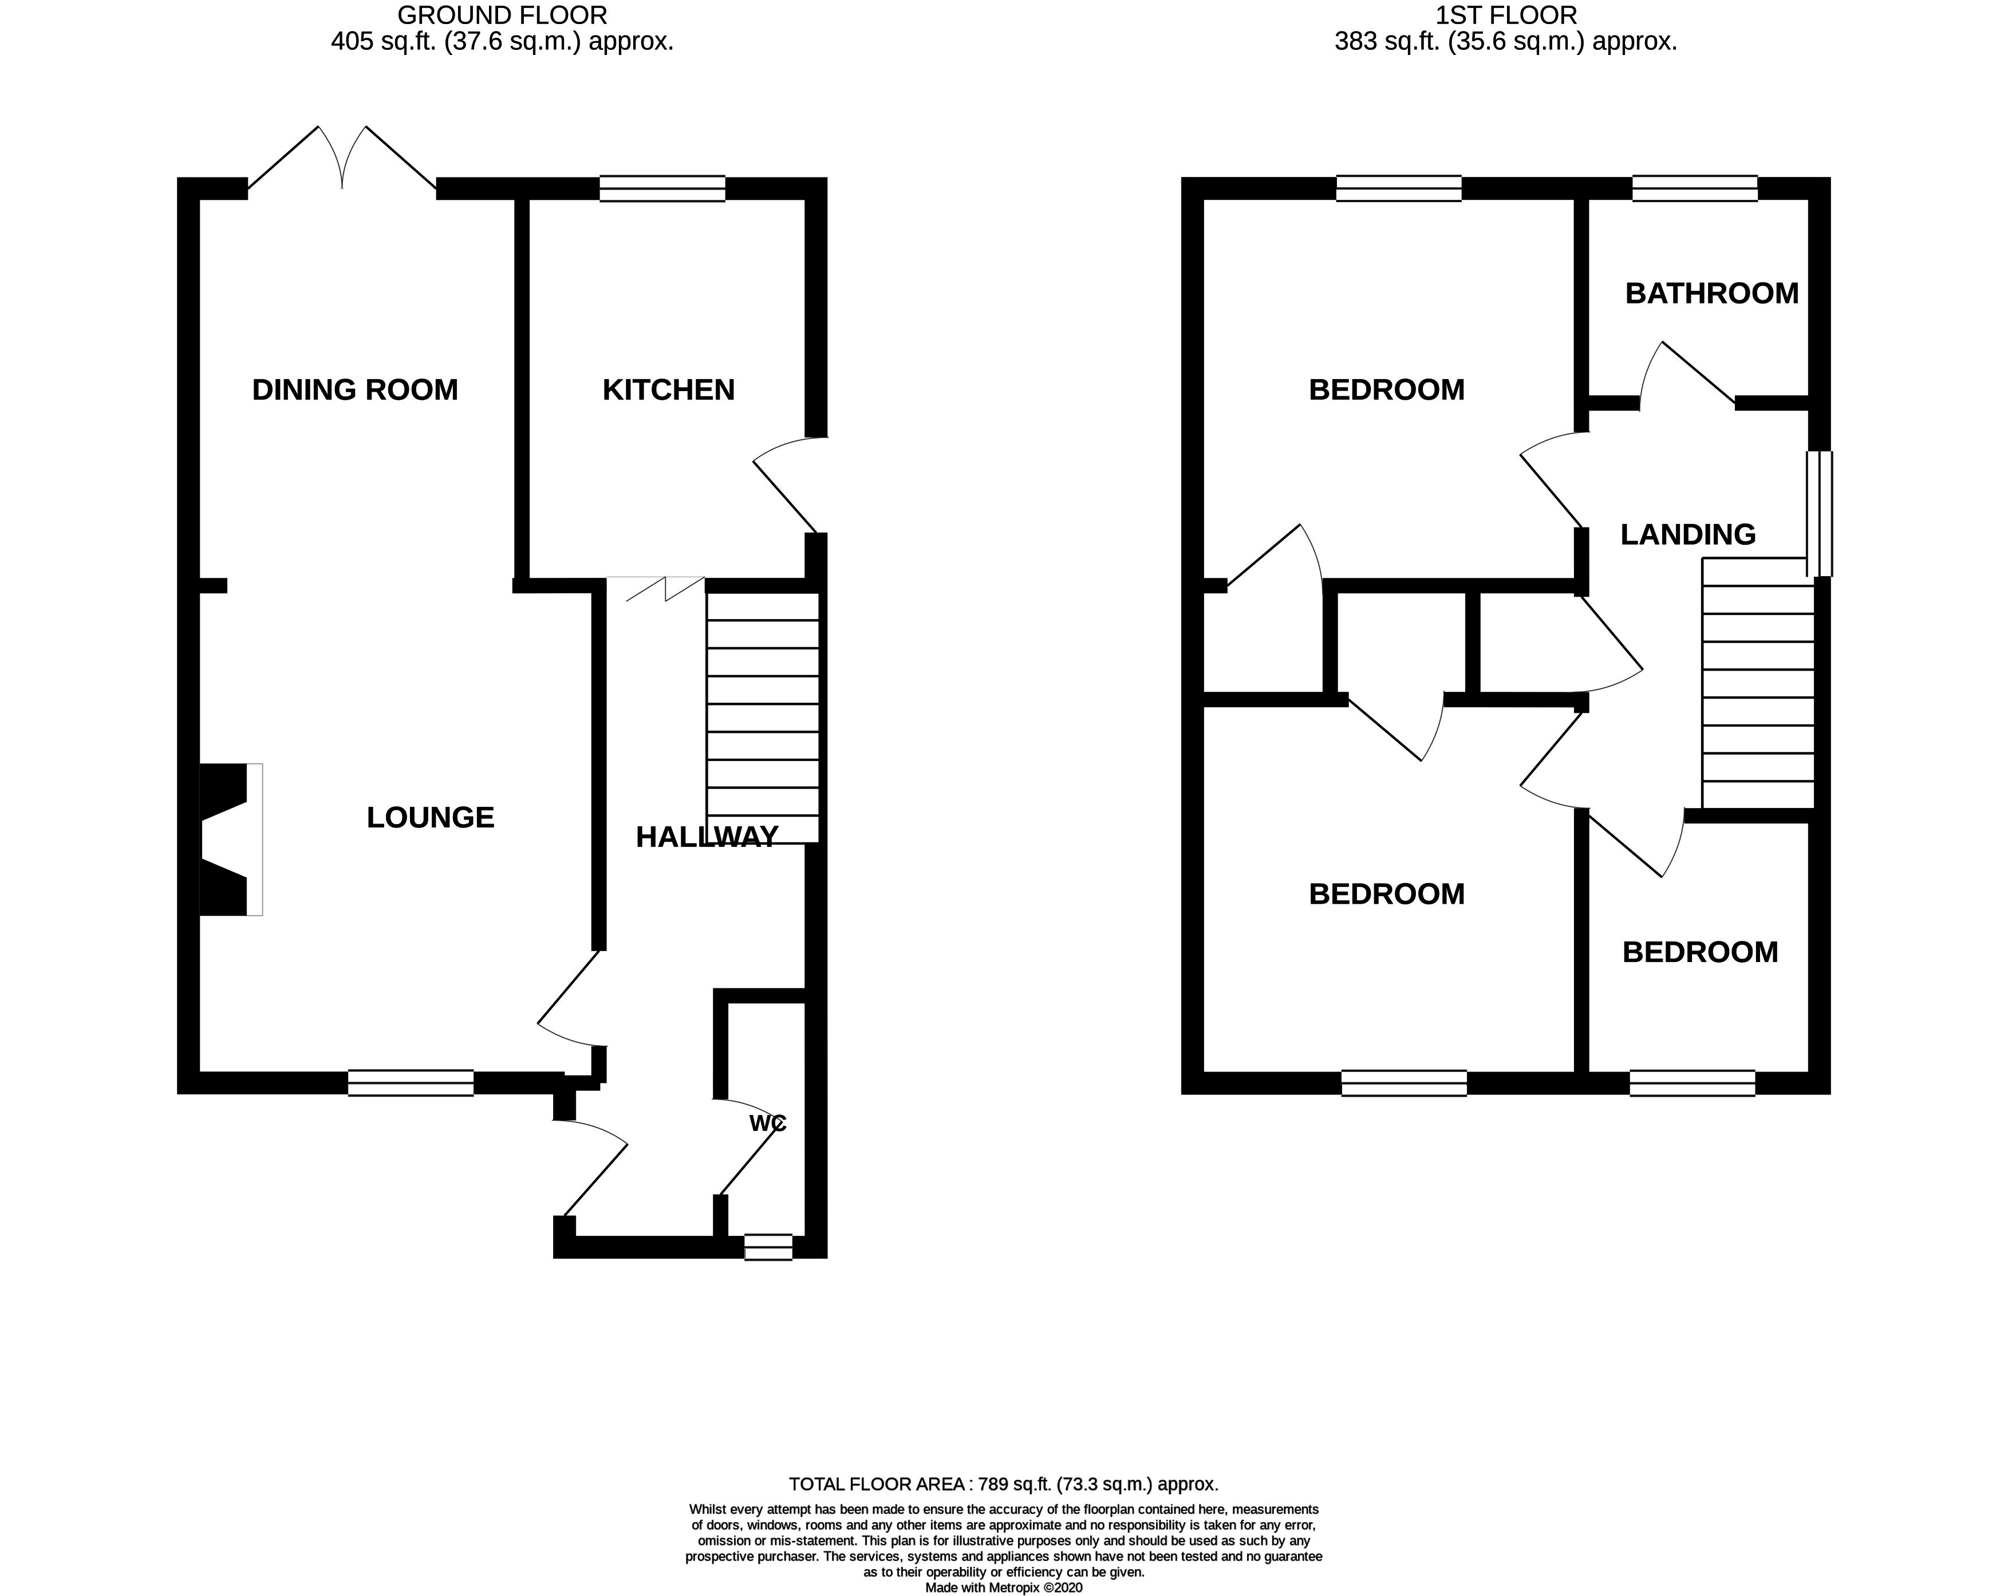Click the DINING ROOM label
tap(355, 389)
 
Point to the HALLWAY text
tap(706, 837)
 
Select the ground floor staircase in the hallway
tap(763, 718)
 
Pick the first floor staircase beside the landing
tap(1757, 683)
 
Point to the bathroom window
tap(1694, 189)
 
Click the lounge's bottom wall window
tap(411, 1083)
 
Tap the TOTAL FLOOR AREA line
tap(1003, 1484)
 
